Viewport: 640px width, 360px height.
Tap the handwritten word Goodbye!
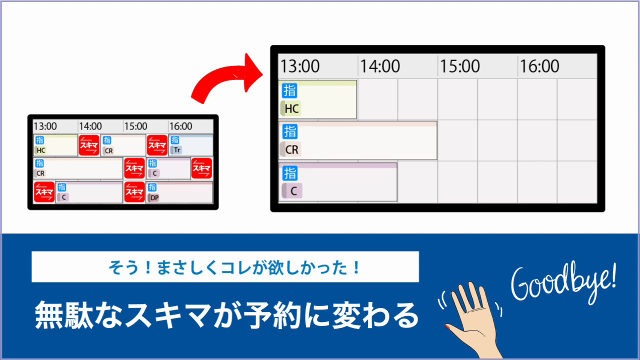click(x=563, y=284)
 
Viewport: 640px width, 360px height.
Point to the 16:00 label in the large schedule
click(x=539, y=66)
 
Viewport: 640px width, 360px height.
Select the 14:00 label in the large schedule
click(x=379, y=66)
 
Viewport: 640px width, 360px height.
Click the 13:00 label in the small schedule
click(x=45, y=126)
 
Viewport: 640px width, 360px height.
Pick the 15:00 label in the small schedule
click(x=135, y=126)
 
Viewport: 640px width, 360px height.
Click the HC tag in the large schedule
click(x=291, y=108)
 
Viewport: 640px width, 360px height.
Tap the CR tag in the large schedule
click(x=291, y=149)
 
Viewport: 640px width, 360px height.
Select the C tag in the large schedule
click(x=292, y=191)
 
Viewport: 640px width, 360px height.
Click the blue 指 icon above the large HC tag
click(x=289, y=90)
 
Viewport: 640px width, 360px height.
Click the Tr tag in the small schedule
click(x=176, y=150)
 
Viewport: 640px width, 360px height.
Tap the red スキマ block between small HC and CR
click(x=89, y=145)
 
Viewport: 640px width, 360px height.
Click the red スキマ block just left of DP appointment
click(x=134, y=191)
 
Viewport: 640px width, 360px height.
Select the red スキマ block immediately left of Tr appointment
click(x=157, y=145)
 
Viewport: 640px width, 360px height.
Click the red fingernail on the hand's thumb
click(x=447, y=326)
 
